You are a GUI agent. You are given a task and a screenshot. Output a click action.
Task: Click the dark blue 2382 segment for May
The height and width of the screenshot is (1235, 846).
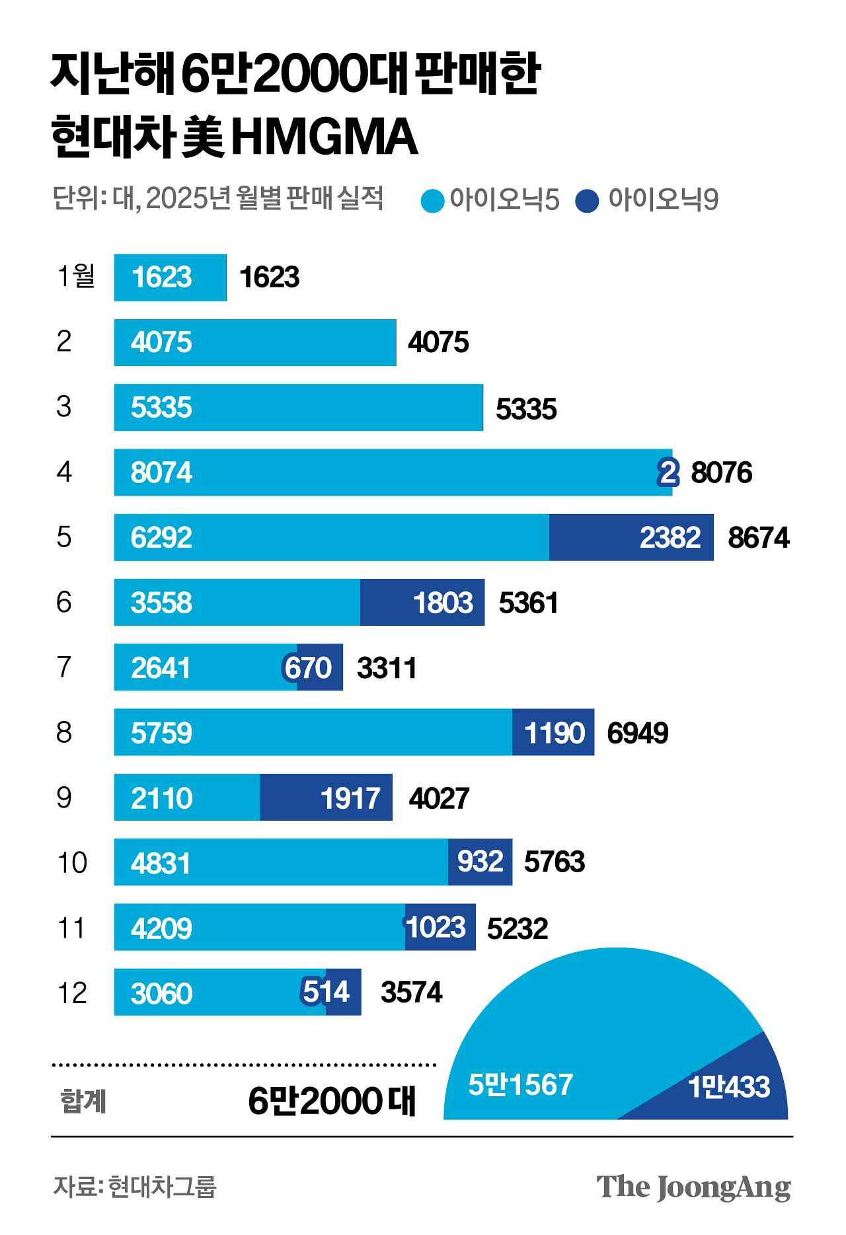631,537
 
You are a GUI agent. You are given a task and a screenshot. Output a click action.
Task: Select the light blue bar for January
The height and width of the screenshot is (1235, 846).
170,278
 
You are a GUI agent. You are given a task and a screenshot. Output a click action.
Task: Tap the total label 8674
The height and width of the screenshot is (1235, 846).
758,538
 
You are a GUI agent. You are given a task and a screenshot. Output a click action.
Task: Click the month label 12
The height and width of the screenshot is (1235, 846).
72,992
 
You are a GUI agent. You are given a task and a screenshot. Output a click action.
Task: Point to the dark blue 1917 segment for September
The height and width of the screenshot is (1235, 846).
326,798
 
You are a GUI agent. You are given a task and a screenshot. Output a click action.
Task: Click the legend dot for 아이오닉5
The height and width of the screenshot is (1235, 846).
432,201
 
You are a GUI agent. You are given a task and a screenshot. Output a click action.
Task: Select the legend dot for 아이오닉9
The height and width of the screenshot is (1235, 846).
587,201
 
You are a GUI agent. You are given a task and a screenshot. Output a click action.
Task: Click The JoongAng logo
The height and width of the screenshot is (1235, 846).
693,1187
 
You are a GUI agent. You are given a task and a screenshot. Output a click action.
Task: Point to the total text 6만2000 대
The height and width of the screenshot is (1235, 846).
332,1101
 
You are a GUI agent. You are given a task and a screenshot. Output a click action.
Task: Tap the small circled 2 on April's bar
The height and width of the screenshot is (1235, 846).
668,472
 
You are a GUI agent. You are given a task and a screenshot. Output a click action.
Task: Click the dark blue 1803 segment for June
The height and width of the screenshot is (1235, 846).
422,602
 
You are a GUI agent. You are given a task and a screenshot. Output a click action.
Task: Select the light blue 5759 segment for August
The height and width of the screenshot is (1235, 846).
313,732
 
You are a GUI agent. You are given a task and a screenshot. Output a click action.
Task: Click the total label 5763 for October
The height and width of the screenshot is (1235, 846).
554,862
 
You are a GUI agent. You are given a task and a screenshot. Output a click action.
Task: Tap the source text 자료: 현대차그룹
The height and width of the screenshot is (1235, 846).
135,1187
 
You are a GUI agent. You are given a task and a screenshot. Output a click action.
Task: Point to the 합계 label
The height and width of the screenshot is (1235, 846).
83,1102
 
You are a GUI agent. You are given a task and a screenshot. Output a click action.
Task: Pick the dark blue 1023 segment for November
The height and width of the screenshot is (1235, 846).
440,927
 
